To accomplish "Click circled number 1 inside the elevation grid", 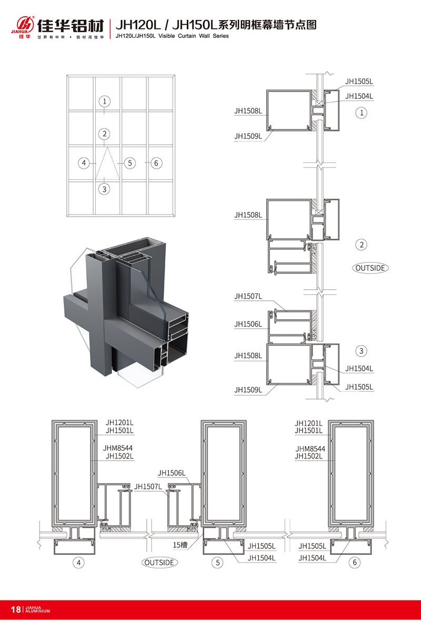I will (x=105, y=101).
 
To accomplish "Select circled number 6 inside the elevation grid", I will (x=156, y=163).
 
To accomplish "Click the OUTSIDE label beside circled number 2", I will (x=370, y=268).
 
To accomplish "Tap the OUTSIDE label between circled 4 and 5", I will (x=159, y=563).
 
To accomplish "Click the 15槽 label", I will (x=180, y=546).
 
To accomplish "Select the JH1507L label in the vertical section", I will (x=248, y=297).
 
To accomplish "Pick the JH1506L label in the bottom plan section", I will (x=172, y=473).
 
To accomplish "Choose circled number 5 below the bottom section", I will (x=217, y=563).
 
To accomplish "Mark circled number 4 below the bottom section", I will (x=78, y=563).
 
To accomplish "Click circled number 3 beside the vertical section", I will (x=361, y=351).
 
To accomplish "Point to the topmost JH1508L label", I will (x=248, y=111).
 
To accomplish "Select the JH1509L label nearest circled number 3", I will (x=248, y=390).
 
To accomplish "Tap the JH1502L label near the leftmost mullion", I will (x=119, y=456).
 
